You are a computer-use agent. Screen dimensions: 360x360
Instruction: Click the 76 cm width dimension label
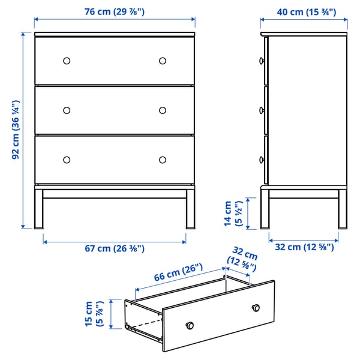(114, 12)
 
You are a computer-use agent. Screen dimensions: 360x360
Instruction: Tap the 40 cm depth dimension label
(304, 12)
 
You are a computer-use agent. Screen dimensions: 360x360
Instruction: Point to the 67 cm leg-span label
(114, 248)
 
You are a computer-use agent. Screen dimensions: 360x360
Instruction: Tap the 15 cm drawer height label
(95, 314)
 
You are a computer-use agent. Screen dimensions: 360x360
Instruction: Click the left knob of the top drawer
(67, 61)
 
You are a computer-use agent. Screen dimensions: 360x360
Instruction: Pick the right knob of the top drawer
(163, 61)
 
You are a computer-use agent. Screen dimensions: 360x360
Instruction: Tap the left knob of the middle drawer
(67, 110)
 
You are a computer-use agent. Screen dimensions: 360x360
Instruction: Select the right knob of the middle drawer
(163, 110)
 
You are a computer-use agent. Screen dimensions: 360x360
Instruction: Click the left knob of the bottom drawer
(67, 159)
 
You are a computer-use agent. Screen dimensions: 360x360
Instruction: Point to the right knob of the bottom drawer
(163, 159)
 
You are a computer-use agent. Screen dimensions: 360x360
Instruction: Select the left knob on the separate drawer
(190, 325)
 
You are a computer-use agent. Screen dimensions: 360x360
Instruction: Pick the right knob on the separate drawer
(256, 307)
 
